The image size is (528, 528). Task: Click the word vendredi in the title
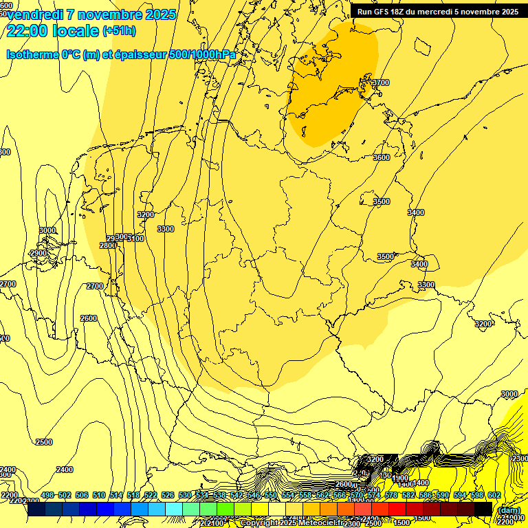pyautogui.click(x=34, y=14)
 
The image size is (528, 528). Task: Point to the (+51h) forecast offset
pyautogui.click(x=119, y=31)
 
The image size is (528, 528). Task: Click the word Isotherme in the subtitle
pyautogui.click(x=32, y=54)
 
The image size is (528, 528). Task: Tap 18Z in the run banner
pyautogui.click(x=397, y=12)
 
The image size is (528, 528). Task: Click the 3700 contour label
pyautogui.click(x=380, y=83)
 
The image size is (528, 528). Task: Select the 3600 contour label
pyautogui.click(x=381, y=157)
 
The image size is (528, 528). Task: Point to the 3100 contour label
pyautogui.click(x=135, y=239)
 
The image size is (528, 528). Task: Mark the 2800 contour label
pyautogui.click(x=108, y=245)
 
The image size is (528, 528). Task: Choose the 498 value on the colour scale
pyautogui.click(x=47, y=496)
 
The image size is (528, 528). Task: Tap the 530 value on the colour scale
pyautogui.click(x=185, y=496)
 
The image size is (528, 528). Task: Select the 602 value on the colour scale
pyautogui.click(x=494, y=496)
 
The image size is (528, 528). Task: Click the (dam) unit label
pyautogui.click(x=509, y=510)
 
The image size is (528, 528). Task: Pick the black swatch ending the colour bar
pyautogui.click(x=483, y=509)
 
